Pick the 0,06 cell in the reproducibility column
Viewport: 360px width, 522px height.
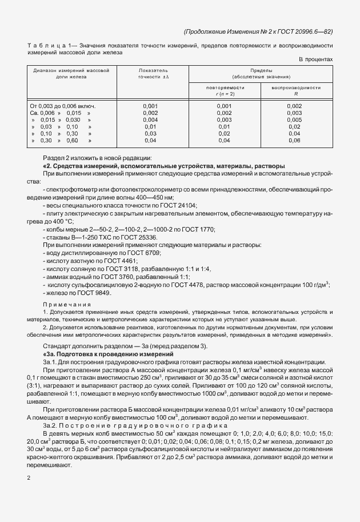tap(295, 140)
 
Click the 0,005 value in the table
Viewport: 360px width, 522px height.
tap(295, 119)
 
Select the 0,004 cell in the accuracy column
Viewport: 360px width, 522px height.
tap(150, 119)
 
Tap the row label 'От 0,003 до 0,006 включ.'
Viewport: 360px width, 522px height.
tap(62, 106)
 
